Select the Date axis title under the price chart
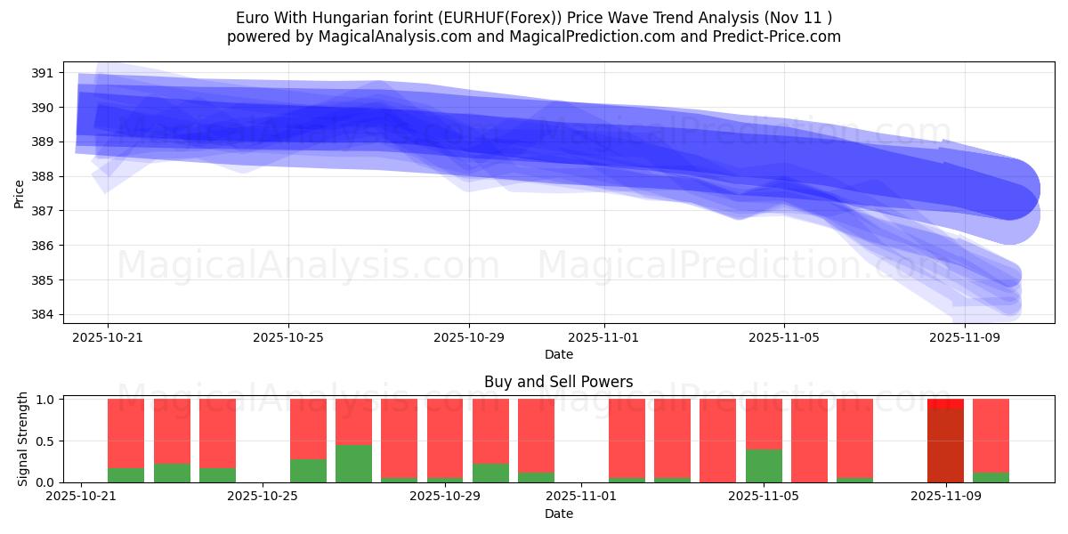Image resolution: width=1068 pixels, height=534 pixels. (x=558, y=354)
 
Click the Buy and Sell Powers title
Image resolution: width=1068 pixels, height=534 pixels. (x=558, y=382)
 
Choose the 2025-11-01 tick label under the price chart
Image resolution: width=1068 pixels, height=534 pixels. (x=604, y=337)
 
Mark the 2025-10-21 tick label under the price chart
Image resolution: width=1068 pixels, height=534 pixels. (x=108, y=337)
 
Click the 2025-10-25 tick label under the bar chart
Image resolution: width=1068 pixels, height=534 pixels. (x=264, y=496)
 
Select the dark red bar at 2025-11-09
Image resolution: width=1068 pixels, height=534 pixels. (x=945, y=445)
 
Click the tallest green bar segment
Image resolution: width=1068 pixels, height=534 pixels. (x=353, y=463)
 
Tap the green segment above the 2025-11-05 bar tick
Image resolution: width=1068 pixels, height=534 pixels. (x=764, y=465)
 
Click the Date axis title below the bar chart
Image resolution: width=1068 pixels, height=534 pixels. (x=558, y=514)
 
